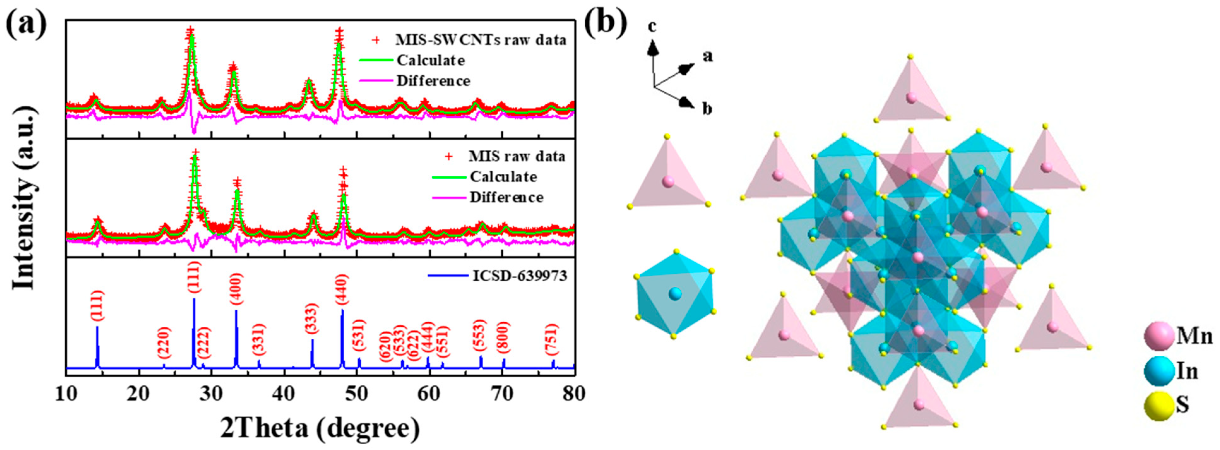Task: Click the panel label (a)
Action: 26,23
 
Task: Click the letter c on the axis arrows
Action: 652,27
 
